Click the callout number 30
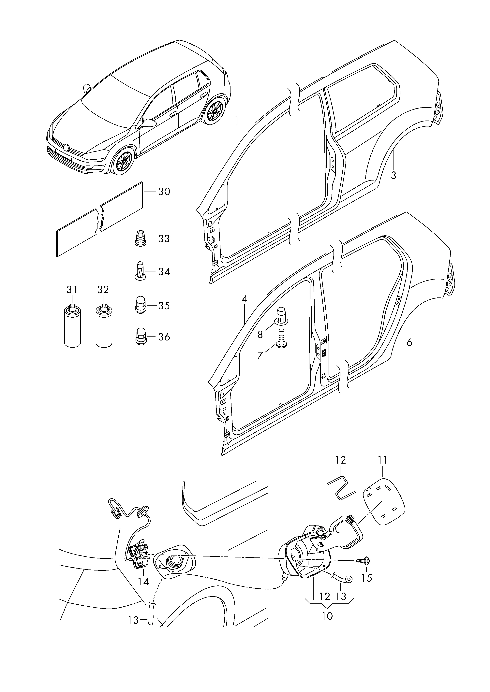(x=164, y=192)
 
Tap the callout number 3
(x=393, y=175)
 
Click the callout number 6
(x=409, y=342)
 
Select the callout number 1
(x=237, y=121)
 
